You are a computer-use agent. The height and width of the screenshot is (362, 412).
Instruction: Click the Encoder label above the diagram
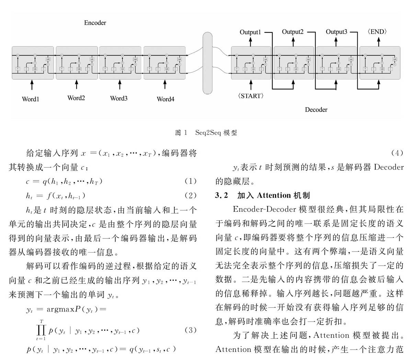coord(95,23)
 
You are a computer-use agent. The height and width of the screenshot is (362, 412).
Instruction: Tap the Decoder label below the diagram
coord(316,110)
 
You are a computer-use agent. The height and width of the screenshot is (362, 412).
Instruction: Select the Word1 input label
coord(31,99)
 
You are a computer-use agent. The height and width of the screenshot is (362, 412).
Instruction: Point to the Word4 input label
coord(165,99)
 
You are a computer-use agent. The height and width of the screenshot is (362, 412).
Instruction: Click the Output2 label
coord(293,32)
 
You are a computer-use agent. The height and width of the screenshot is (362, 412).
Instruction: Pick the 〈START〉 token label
coord(251,96)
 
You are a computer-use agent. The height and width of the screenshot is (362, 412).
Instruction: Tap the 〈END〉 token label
coord(377,32)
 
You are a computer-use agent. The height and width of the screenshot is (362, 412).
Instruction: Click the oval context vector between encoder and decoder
coord(208,63)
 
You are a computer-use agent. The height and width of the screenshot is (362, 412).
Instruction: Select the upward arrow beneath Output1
coord(251,41)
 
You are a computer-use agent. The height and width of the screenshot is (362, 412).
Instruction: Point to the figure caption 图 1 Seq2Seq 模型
coord(206,132)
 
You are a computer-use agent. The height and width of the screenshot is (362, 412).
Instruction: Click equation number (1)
coord(191,181)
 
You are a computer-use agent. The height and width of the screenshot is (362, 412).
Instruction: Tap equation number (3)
coord(191,330)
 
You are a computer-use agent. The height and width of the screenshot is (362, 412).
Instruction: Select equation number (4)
coord(397,153)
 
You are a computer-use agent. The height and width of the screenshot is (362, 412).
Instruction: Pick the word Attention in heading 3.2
coord(274,196)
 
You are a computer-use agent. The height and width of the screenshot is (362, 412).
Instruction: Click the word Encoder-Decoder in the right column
coord(264,209)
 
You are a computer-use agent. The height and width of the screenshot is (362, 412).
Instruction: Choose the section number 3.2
coord(221,196)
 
